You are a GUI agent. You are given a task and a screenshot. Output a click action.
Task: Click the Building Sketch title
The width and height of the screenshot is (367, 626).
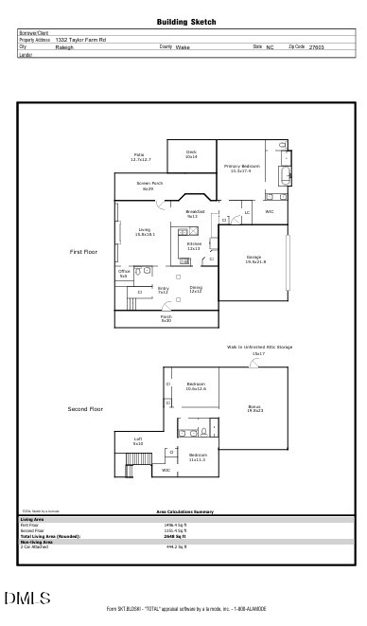185,21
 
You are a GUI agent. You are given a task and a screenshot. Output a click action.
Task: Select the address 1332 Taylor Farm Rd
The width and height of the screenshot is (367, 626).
80,40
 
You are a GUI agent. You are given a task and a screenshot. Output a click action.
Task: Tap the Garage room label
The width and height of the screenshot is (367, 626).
254,259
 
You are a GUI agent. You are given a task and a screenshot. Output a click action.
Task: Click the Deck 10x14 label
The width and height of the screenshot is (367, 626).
191,153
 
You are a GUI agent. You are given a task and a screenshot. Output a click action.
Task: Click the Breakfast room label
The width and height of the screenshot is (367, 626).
194,213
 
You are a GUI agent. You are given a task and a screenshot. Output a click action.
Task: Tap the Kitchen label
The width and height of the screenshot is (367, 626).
194,245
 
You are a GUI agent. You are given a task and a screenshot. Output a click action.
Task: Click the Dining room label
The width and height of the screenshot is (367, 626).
195,289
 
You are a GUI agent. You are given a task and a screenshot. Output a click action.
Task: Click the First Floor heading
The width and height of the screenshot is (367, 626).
83,252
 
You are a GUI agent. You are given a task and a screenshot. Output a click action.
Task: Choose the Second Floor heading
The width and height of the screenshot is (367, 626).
84,409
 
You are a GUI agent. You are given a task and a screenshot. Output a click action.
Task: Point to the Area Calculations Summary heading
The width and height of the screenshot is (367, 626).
184,510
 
